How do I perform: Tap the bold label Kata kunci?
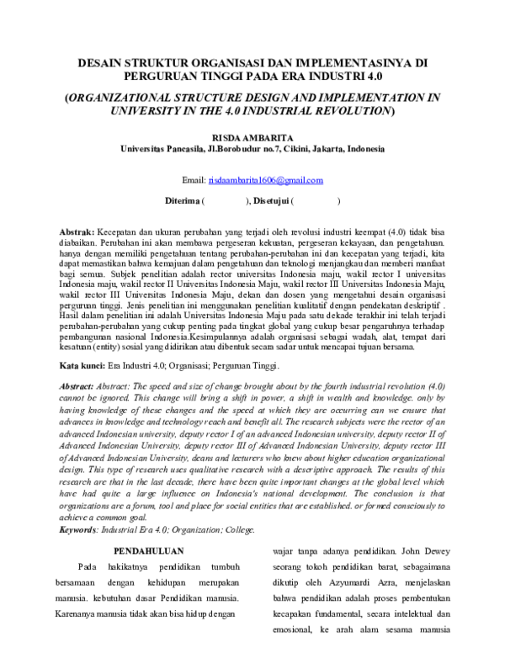point(82,366)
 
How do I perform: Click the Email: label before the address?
point(194,180)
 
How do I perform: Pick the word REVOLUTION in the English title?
point(345,110)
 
